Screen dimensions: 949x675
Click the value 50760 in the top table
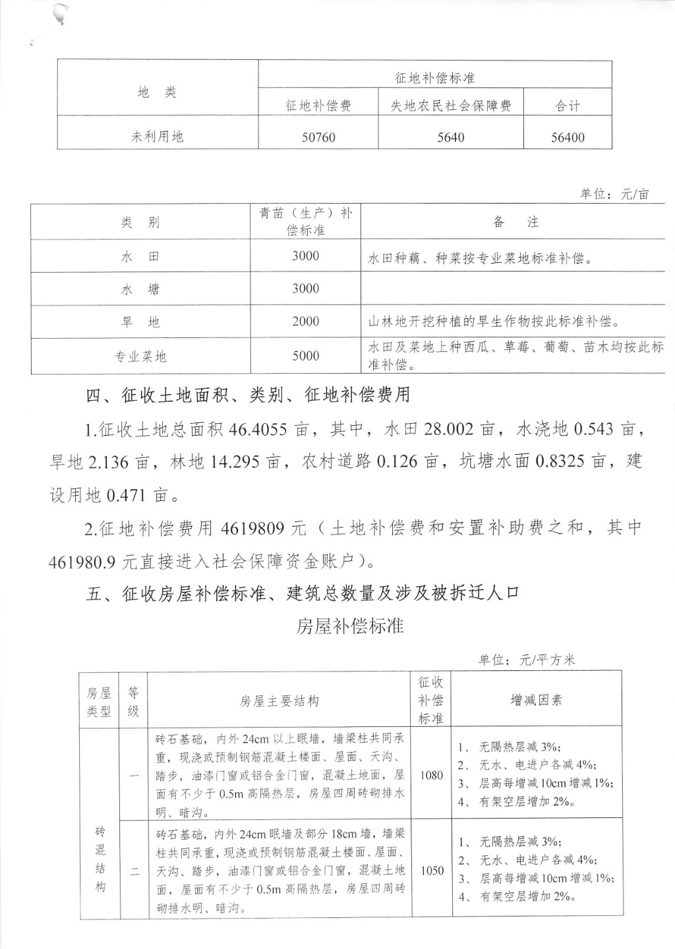318,138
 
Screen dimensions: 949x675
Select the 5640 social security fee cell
451,138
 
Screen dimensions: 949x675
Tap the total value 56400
568,138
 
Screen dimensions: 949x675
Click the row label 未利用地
158,137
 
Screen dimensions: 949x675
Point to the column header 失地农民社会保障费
451,105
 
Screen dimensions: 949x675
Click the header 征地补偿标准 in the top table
435,78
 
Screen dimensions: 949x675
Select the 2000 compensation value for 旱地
305,322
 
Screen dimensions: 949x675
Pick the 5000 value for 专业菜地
305,356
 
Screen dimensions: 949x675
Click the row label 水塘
140,289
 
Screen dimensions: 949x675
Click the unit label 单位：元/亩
614,194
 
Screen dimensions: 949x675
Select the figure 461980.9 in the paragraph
82,561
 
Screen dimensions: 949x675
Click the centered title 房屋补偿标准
349,625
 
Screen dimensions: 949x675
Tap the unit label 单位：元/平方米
527,660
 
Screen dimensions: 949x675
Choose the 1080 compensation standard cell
431,775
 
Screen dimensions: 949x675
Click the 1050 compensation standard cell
432,871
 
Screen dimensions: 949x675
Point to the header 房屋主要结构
279,701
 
